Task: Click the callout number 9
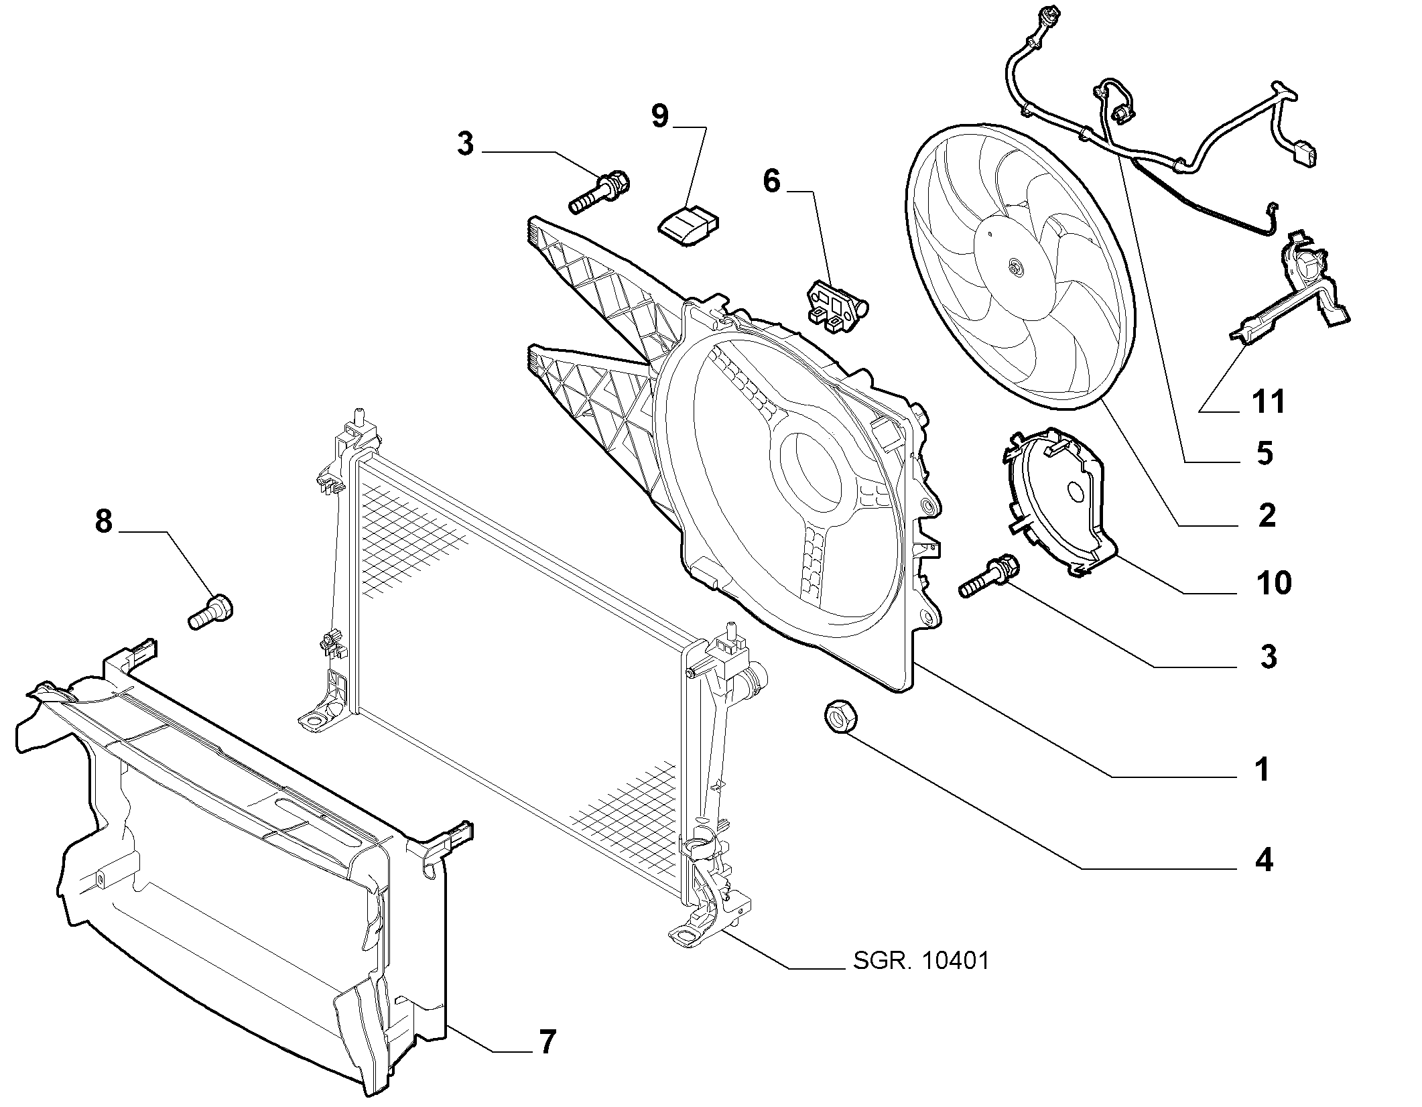(x=660, y=116)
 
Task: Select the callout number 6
(x=772, y=181)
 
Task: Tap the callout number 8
(x=103, y=521)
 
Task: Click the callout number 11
(x=1269, y=401)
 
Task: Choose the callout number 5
(x=1264, y=454)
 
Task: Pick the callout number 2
(x=1267, y=515)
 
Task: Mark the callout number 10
(x=1274, y=583)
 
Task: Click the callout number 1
(x=1263, y=770)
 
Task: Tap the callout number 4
(x=1264, y=860)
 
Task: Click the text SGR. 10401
(x=921, y=961)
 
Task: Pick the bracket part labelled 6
(x=836, y=306)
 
